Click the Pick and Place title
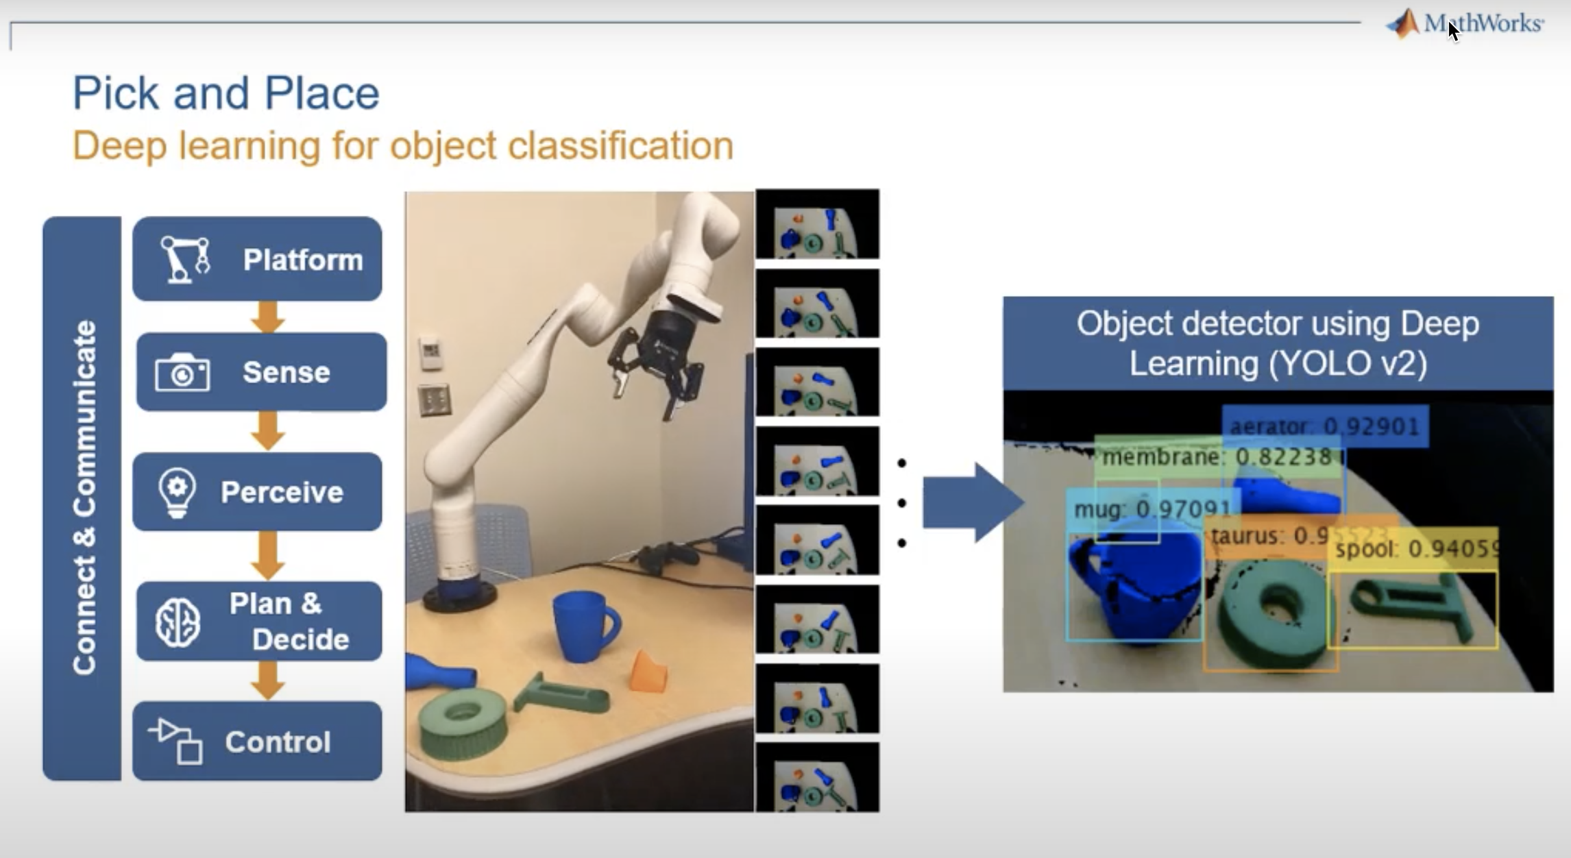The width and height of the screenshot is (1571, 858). click(x=226, y=93)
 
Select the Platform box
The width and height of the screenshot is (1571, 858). click(x=257, y=259)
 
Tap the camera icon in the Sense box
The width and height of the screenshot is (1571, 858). click(x=182, y=373)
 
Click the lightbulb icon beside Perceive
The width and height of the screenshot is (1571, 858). click(x=177, y=492)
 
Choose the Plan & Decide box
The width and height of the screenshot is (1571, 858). click(x=259, y=622)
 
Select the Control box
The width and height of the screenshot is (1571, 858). click(x=257, y=741)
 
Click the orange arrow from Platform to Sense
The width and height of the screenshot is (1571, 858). click(x=267, y=317)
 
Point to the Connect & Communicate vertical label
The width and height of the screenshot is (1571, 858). click(x=83, y=498)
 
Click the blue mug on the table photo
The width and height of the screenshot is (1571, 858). click(x=583, y=626)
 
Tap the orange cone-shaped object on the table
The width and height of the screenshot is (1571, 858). click(x=648, y=672)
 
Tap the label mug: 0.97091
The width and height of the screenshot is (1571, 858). click(x=1152, y=509)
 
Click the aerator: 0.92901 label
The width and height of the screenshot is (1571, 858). click(x=1324, y=427)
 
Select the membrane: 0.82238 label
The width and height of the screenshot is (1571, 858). click(x=1217, y=457)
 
